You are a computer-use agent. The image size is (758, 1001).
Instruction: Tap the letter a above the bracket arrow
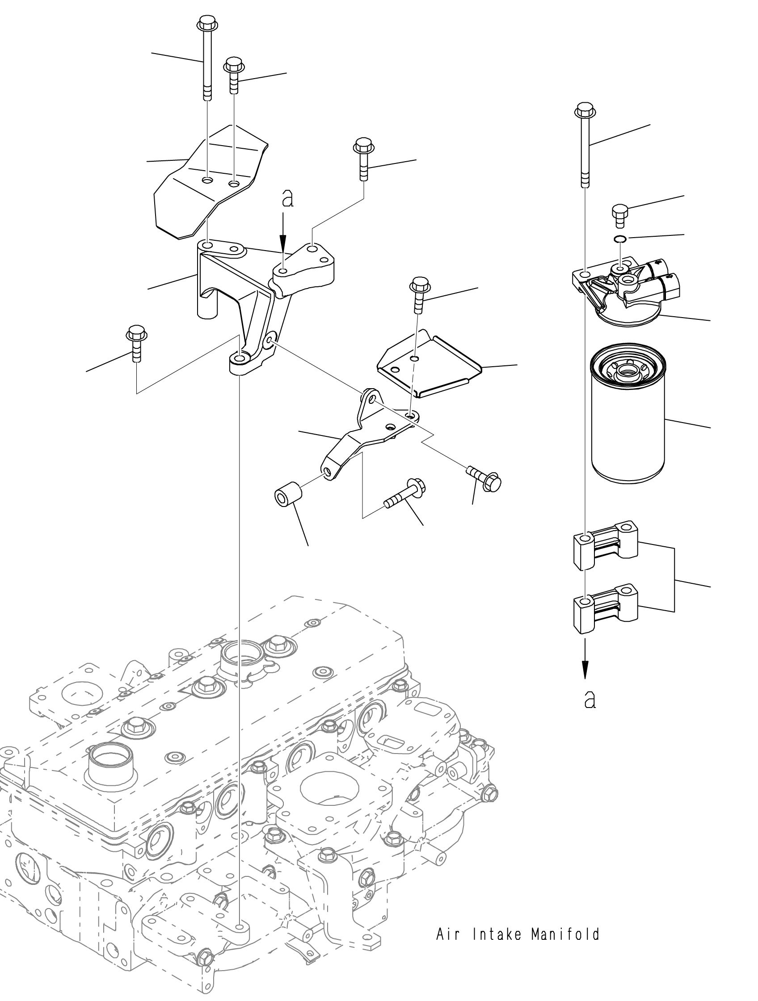click(x=287, y=199)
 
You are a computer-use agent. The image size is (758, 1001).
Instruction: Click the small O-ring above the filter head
click(x=619, y=239)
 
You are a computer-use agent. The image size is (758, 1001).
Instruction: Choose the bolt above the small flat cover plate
click(x=418, y=297)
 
